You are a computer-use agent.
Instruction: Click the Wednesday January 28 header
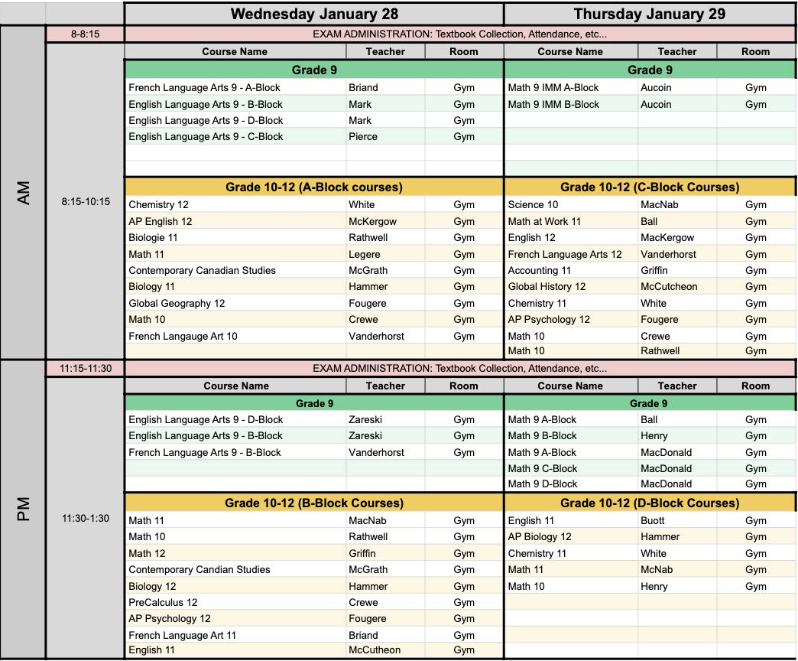[313, 14]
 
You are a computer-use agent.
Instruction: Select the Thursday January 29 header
[649, 14]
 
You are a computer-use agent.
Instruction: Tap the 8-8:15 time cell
[85, 34]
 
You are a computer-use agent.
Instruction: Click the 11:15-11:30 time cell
[85, 369]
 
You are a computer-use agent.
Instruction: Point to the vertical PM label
[23, 510]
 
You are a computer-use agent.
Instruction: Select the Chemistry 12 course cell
[158, 205]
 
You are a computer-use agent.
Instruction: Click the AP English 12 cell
[161, 221]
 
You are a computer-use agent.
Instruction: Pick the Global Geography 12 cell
[177, 303]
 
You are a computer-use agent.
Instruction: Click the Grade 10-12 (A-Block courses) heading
[313, 187]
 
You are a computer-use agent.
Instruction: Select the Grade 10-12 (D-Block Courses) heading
[649, 503]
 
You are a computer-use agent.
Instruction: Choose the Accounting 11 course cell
[540, 270]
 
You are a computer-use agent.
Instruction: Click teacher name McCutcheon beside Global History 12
[669, 286]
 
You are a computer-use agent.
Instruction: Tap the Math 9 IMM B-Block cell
[553, 104]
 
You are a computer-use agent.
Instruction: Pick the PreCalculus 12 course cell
[163, 602]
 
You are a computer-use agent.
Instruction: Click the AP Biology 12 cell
[540, 537]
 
